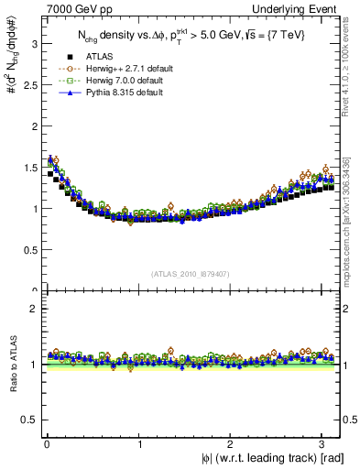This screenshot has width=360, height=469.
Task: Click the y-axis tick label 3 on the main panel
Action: coord(32,43)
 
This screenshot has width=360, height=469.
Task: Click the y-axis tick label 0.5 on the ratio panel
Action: coord(28,420)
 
